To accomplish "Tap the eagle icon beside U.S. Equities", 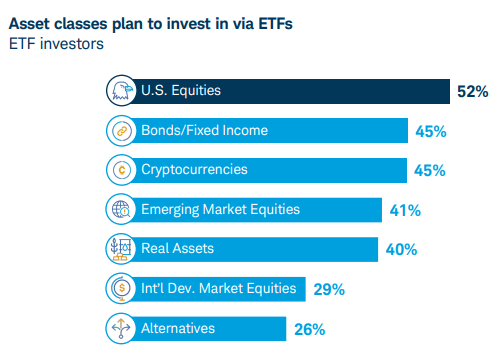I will click(x=120, y=91).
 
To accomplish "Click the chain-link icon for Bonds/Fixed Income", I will click(x=120, y=131).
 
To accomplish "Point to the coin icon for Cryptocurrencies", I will click(x=120, y=170).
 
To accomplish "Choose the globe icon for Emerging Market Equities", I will click(x=120, y=210).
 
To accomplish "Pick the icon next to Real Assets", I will click(x=120, y=249).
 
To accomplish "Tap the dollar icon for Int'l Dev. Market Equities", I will click(x=120, y=289).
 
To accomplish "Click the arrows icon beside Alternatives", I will click(x=120, y=328).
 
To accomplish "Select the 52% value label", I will click(x=472, y=92).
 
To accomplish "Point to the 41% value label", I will click(x=405, y=211).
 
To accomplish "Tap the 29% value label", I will click(x=328, y=290).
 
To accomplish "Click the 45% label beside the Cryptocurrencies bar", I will click(x=430, y=171).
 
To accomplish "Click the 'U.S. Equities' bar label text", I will click(x=181, y=91).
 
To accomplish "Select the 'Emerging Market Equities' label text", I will click(x=220, y=210).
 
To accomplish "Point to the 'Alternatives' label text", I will click(x=178, y=328).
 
